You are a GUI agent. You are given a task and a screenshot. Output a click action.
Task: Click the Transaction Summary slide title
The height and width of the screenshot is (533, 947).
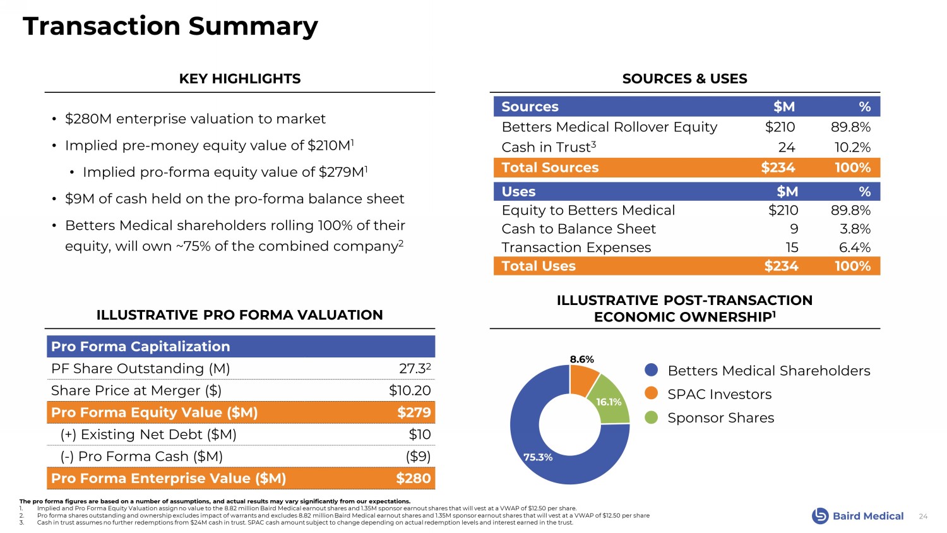click(x=170, y=27)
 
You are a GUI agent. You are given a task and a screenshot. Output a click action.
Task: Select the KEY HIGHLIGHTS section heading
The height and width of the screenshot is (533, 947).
click(x=240, y=79)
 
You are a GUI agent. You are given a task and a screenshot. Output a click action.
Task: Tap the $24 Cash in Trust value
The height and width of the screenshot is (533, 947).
click(x=786, y=147)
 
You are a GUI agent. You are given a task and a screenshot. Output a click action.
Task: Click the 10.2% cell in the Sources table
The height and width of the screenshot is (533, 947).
click(x=852, y=147)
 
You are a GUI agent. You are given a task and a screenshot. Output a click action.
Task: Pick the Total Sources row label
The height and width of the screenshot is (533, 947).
click(x=550, y=167)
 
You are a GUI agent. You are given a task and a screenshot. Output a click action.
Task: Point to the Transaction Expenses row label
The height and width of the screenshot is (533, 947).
click(x=576, y=248)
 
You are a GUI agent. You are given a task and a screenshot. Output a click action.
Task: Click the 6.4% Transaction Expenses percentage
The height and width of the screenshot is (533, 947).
click(x=854, y=248)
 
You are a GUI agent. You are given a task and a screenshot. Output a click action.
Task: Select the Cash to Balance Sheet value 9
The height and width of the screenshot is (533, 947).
click(x=794, y=229)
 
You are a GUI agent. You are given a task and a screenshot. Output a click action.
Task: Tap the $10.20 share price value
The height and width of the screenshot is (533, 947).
click(x=410, y=390)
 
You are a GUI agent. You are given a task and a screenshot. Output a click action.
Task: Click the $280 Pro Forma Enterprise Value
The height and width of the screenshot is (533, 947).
click(x=413, y=478)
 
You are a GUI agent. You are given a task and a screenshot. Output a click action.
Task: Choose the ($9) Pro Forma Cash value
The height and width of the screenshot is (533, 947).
click(x=417, y=456)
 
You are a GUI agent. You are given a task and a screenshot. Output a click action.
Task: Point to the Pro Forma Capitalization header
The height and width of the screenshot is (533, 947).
click(x=140, y=346)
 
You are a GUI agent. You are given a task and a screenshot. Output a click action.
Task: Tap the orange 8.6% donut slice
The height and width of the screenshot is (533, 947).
click(x=582, y=378)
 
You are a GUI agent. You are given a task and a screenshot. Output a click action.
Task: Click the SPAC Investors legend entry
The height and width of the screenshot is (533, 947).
click(x=719, y=394)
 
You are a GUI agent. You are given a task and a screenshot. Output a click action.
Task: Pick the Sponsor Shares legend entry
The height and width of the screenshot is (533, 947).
click(x=720, y=417)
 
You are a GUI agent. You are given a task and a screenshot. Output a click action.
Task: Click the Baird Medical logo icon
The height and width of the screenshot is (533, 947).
click(x=819, y=516)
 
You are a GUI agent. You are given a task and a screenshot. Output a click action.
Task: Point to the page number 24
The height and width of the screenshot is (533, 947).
click(x=923, y=517)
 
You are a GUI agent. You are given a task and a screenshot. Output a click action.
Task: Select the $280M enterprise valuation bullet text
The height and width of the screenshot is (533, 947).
click(x=195, y=119)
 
